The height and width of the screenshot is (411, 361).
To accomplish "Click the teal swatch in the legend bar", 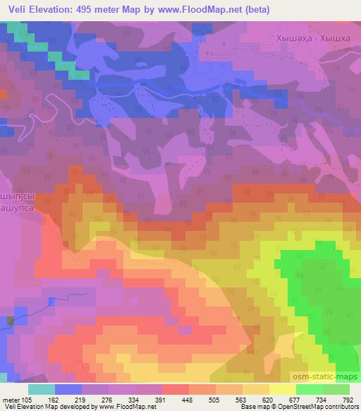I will pyautogui.click(x=41, y=389).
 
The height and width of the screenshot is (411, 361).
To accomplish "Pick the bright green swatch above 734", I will pyautogui.click(x=309, y=389).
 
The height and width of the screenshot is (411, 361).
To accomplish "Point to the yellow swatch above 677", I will pyautogui.click(x=282, y=389).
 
